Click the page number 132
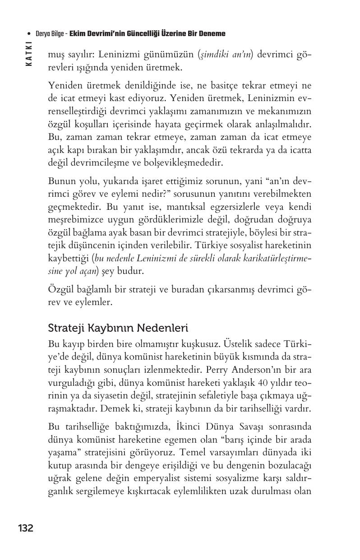coord(26,528)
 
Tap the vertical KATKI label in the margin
coord(29,54)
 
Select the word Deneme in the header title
coord(212,34)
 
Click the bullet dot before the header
coord(29,34)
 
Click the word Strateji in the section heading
coord(63,327)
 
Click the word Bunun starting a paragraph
coord(61,181)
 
